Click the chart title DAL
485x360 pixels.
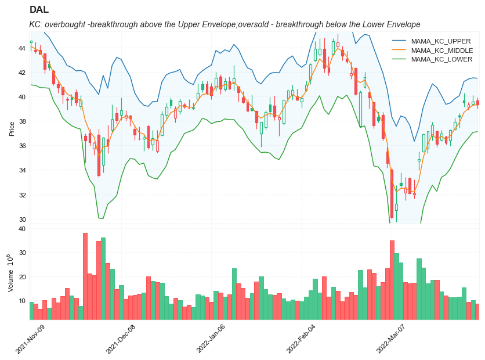tap(39, 10)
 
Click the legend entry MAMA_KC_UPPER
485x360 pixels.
tap(441, 41)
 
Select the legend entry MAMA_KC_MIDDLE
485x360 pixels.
tap(441, 51)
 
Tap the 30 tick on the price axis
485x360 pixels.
tap(21, 219)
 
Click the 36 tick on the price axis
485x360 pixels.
tap(21, 146)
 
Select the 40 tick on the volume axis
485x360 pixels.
tap(21, 229)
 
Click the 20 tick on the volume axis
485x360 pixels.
tap(21, 277)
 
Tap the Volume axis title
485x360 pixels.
tap(10, 273)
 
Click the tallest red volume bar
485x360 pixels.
tap(85, 276)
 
